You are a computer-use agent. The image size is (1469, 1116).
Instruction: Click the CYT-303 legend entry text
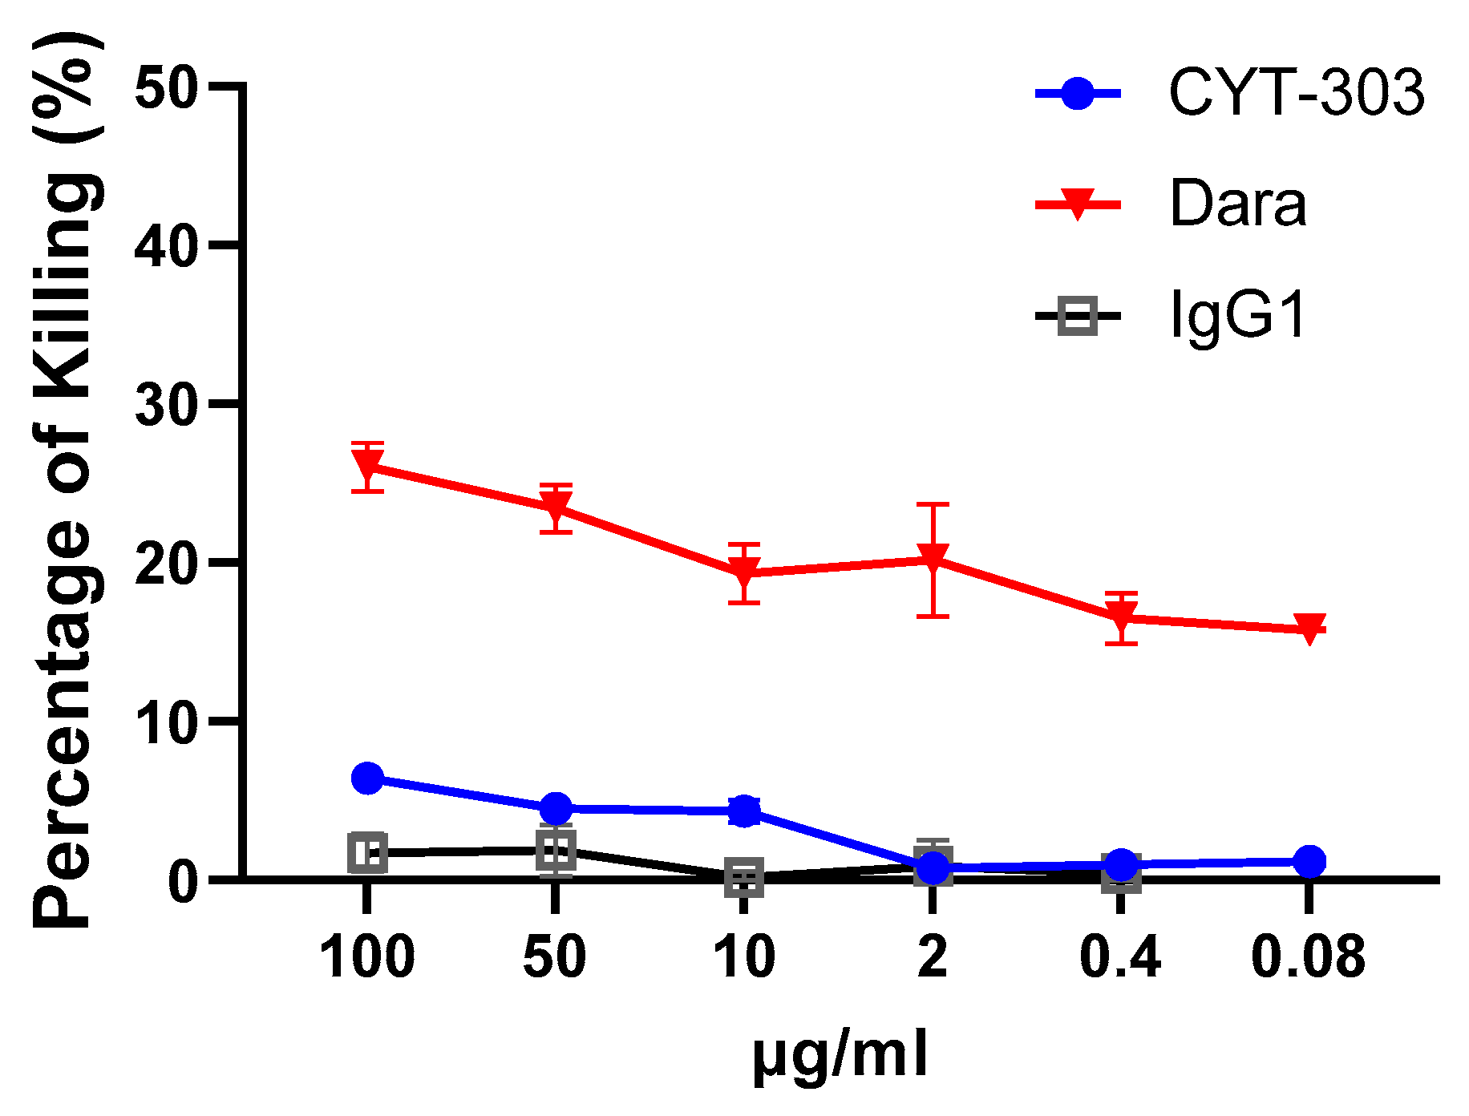(1296, 93)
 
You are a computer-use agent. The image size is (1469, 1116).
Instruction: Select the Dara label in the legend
(1237, 204)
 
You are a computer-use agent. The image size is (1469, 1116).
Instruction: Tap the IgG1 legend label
(1237, 315)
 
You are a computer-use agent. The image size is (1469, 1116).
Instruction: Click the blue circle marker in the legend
(1077, 93)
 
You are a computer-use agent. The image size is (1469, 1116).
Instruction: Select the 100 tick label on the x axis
(366, 957)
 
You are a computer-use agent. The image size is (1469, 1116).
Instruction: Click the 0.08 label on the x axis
(1308, 957)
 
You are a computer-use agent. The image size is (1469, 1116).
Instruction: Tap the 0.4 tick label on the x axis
(1120, 957)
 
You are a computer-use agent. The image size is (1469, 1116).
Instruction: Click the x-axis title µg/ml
(840, 1055)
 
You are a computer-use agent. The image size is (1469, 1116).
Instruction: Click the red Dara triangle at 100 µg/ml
(367, 464)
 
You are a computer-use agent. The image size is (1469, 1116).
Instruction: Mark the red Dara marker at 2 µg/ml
(933, 556)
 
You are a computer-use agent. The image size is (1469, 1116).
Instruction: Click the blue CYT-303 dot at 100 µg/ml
(367, 778)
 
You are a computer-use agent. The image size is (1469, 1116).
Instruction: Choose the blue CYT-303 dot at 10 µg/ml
(744, 811)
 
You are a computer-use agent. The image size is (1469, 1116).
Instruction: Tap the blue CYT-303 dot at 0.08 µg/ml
(1309, 862)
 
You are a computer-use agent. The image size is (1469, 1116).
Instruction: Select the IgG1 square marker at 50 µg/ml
(556, 850)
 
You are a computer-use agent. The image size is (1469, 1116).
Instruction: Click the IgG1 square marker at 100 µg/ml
(367, 852)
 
